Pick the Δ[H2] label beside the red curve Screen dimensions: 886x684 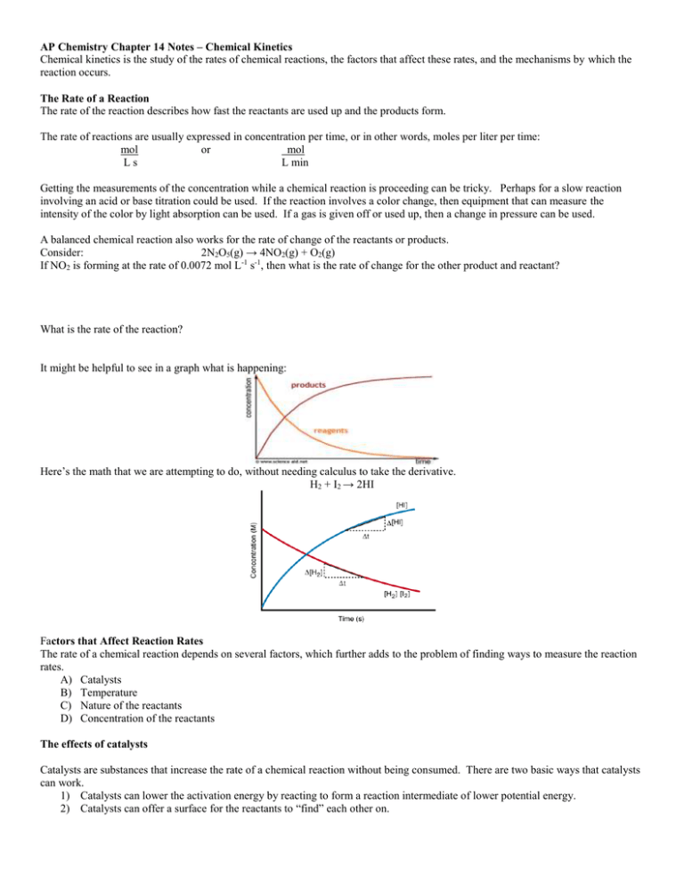tap(317, 570)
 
